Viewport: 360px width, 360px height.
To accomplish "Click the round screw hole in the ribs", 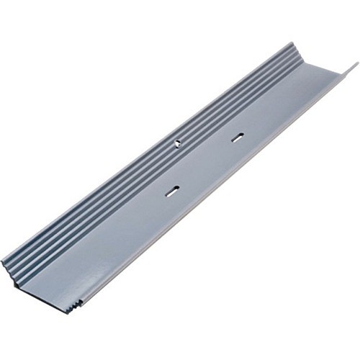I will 177,143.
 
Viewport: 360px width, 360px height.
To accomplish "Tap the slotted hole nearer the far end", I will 237,137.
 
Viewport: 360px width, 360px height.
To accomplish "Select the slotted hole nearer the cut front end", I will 171,191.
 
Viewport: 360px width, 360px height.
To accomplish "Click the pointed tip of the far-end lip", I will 355,65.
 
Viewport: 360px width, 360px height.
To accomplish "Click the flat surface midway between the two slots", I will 204,164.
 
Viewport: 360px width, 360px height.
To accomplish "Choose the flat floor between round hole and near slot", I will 174,167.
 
